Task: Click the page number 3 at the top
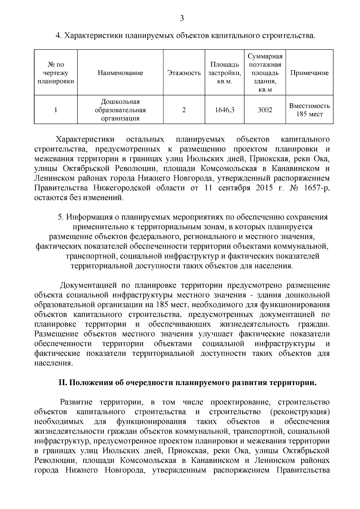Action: pyautogui.click(x=182, y=19)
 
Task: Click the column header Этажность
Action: pyautogui.click(x=184, y=73)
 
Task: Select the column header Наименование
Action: pyautogui.click(x=120, y=73)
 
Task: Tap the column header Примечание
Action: pyautogui.click(x=309, y=73)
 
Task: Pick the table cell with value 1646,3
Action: pyautogui.click(x=224, y=110)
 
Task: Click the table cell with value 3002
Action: pyautogui.click(x=265, y=110)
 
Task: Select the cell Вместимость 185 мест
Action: pyautogui.click(x=309, y=110)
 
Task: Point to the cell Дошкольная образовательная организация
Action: pyautogui.click(x=120, y=110)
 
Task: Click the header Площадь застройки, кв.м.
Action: pyautogui.click(x=224, y=73)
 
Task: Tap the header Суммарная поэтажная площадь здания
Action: pyautogui.click(x=265, y=73)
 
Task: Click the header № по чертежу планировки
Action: pyautogui.click(x=56, y=73)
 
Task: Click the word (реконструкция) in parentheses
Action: pyautogui.click(x=300, y=412)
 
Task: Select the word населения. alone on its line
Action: pyautogui.click(x=54, y=363)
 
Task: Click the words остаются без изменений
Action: pyautogui.click(x=79, y=198)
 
